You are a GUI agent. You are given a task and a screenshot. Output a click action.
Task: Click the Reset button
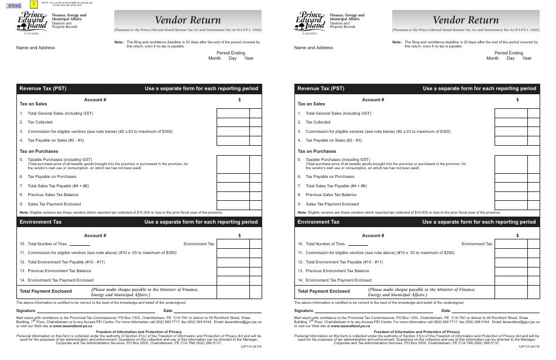12,5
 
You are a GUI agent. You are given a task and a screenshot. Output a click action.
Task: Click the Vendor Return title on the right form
465,20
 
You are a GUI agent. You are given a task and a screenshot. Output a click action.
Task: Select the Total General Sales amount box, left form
233,114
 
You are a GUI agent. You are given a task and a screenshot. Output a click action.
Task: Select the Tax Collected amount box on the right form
511,122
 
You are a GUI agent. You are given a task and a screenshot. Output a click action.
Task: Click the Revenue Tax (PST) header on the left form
43,89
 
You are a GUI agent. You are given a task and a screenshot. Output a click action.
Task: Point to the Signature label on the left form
26,310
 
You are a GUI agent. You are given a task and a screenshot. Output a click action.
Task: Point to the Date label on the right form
446,310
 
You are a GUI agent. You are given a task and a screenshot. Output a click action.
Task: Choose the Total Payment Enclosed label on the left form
46,291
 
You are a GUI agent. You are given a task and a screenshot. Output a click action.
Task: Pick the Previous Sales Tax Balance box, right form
511,194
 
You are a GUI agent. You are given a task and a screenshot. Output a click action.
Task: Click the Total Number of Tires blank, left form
80,244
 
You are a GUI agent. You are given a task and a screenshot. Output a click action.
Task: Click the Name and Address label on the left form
35,48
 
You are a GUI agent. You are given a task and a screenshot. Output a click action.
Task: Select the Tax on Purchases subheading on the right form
317,151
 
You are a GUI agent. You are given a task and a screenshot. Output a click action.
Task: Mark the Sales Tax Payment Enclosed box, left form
233,204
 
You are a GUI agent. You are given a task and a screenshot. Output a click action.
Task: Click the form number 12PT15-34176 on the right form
528,347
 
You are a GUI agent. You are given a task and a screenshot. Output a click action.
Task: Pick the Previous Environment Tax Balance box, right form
511,271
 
